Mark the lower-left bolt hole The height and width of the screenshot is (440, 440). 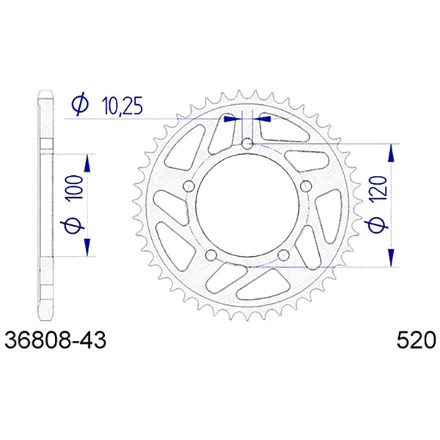[x=211, y=254]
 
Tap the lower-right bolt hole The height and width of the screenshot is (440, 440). [x=283, y=254]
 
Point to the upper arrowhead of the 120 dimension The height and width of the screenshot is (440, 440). [x=392, y=152]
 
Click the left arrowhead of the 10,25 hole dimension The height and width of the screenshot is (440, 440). [x=232, y=117]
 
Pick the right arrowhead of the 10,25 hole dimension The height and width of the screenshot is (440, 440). [x=263, y=117]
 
